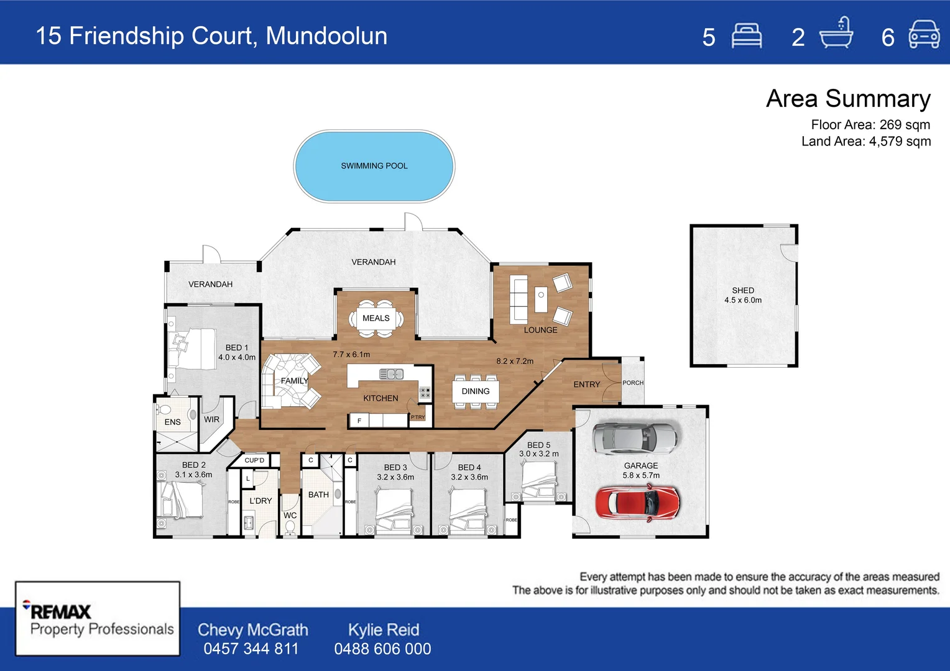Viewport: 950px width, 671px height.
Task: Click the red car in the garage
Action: point(637,502)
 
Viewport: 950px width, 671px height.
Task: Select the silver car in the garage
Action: point(634,439)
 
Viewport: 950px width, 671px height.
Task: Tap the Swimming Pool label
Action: point(374,166)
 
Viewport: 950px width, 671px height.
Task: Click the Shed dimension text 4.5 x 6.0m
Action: point(743,300)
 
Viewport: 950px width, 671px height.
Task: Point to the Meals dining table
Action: point(376,318)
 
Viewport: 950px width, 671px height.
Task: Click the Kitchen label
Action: point(380,398)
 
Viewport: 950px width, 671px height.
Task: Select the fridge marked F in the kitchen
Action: point(359,421)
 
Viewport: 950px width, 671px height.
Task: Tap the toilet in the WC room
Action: point(290,527)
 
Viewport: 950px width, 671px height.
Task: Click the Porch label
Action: point(633,383)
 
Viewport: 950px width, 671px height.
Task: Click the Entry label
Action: point(586,385)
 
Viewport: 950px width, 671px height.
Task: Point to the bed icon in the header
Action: point(746,36)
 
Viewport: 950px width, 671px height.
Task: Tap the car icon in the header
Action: point(925,35)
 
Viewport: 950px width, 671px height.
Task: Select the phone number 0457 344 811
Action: point(251,649)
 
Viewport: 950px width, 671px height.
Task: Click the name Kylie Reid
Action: point(383,629)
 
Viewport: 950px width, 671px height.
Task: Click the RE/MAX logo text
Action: point(60,611)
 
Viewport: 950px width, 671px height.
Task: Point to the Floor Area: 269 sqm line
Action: point(870,124)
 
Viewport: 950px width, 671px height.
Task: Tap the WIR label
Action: point(211,419)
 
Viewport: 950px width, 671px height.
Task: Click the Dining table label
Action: point(476,391)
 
